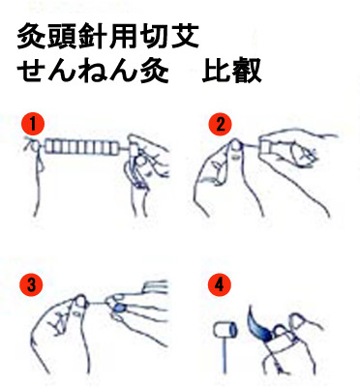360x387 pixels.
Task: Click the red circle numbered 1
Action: tap(33, 125)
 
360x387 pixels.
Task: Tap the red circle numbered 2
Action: tap(221, 125)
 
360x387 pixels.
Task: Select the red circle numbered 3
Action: tap(31, 284)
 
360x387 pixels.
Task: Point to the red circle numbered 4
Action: tap(220, 284)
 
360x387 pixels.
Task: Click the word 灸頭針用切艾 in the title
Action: tap(107, 37)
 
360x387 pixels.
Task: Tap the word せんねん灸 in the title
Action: tap(93, 71)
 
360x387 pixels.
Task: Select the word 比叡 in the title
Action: tap(231, 71)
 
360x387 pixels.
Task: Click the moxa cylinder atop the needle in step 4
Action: tap(225, 330)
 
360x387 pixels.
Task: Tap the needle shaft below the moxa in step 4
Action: tap(225, 355)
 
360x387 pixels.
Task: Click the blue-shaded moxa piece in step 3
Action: tap(119, 309)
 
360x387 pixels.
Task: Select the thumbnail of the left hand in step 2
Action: tap(236, 145)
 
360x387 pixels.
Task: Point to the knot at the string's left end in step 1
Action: tap(35, 146)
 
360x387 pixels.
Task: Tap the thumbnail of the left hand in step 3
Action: tap(80, 302)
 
